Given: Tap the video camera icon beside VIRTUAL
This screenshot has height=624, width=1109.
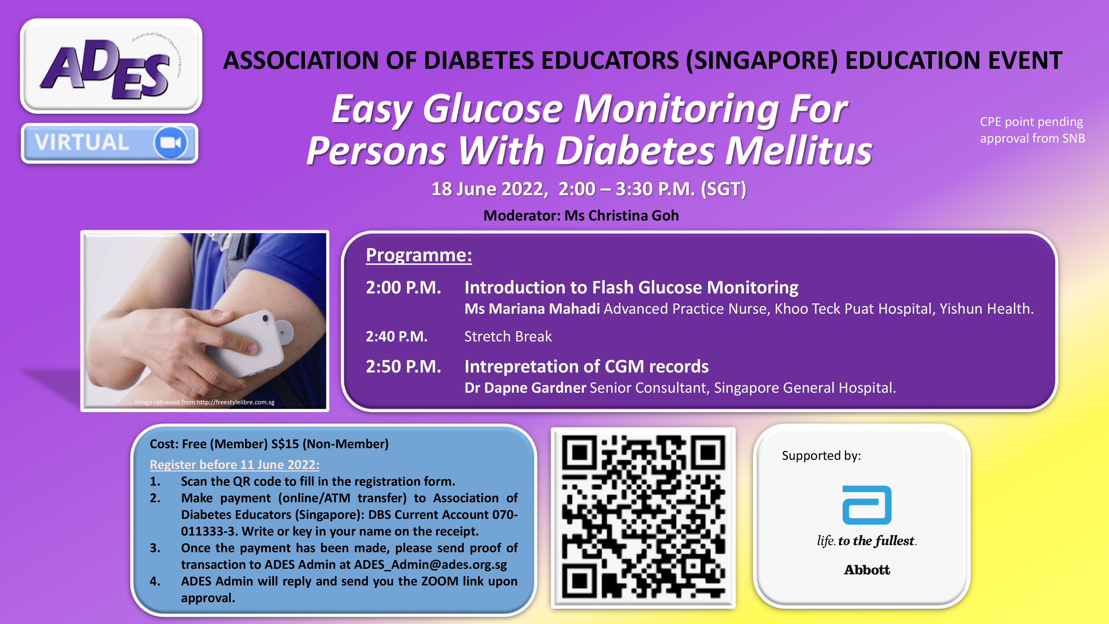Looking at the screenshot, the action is click(171, 143).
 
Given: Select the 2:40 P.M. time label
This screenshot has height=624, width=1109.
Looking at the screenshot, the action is click(396, 336).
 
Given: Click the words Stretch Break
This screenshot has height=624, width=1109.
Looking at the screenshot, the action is click(508, 336).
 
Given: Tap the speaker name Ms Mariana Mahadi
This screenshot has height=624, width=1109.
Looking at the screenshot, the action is click(532, 309).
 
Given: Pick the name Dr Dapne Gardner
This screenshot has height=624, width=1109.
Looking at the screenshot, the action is click(525, 388).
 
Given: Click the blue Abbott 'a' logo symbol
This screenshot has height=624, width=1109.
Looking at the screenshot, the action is click(867, 505).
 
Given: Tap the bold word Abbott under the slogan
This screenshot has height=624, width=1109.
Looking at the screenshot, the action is click(867, 570).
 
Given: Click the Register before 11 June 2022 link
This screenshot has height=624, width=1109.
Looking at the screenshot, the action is click(235, 465).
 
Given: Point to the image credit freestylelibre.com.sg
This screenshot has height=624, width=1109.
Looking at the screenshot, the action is click(235, 402).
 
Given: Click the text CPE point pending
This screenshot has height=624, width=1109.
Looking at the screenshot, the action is click(1031, 122).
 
